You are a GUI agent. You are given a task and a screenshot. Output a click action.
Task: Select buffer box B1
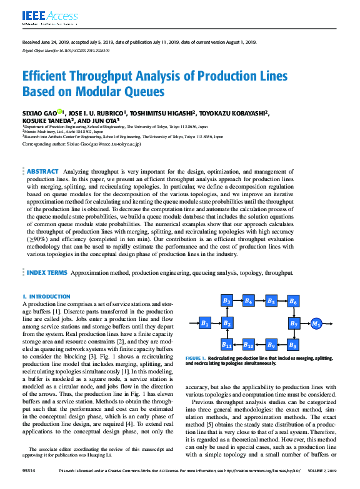coord(204,323)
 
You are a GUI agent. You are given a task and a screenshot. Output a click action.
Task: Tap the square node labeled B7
coord(294,323)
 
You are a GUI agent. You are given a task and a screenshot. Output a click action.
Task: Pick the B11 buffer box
coord(227,344)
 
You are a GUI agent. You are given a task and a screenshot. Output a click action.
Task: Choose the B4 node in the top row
coord(249,301)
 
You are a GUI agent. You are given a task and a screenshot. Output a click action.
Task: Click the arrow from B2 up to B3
coord(227,312)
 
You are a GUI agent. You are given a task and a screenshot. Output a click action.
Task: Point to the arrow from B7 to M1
coord(305,323)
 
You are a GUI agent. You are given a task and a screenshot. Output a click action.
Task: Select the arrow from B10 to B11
coord(238,344)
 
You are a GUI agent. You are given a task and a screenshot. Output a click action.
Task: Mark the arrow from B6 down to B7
coord(294,312)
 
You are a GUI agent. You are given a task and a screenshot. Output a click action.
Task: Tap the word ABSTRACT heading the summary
coord(42,170)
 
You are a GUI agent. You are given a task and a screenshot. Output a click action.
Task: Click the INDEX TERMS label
coord(47,273)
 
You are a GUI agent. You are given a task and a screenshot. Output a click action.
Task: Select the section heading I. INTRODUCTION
coord(46,296)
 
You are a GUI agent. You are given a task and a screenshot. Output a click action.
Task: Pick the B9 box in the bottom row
coord(271,344)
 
